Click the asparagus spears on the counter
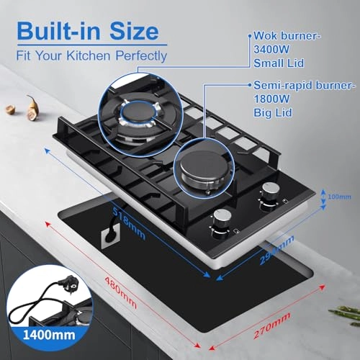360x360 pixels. pos(344,311)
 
